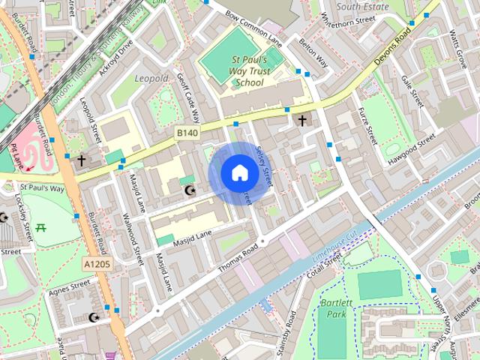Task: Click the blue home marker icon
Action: tap(239, 173)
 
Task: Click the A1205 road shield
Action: tap(97, 264)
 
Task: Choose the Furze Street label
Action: tap(366, 124)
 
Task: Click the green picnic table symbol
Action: tap(41, 224)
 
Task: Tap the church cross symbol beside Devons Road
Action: tap(303, 120)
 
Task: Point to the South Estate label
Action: tap(362, 7)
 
